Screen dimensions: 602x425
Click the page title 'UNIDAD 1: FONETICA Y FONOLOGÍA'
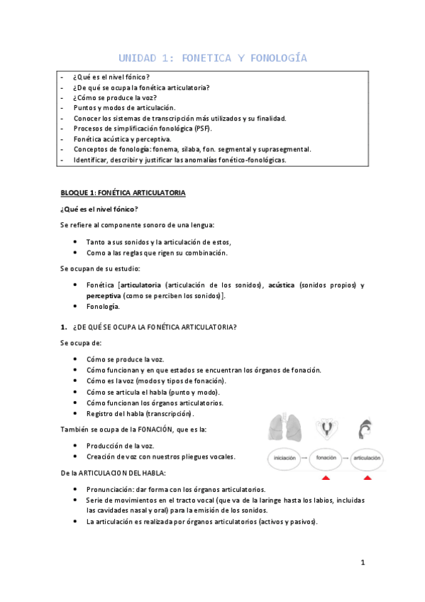point(212,58)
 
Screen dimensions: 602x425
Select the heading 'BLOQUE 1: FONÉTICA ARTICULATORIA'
point(122,192)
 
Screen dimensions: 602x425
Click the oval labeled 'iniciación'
point(284,458)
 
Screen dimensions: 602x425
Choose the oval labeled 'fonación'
point(326,458)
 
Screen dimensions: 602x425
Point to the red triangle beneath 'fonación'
point(326,478)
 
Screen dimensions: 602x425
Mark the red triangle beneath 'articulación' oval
point(367,478)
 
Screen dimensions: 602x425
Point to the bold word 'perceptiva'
point(104,295)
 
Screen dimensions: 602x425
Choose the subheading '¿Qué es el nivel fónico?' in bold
point(99,209)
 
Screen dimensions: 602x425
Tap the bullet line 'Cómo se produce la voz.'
point(125,359)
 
